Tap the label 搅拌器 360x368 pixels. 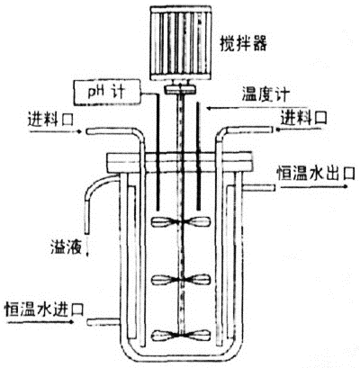[x=243, y=44]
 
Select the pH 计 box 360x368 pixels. [x=107, y=92]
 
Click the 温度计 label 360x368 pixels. [x=265, y=94]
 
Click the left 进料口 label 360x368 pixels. [x=50, y=119]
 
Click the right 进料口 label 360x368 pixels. [x=304, y=117]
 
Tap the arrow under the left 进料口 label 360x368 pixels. [x=55, y=131]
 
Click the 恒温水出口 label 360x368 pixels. [x=316, y=173]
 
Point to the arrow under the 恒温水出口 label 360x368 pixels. [x=314, y=186]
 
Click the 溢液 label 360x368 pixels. [x=66, y=247]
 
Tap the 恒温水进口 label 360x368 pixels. [x=44, y=309]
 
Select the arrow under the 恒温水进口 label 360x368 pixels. [x=40, y=322]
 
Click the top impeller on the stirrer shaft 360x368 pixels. [x=180, y=221]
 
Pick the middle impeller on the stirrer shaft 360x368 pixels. [x=180, y=280]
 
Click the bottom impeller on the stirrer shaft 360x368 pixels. [x=180, y=335]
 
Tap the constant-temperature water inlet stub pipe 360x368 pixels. [x=104, y=322]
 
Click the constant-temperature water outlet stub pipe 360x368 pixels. [x=259, y=187]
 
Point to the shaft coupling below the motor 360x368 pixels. [x=180, y=88]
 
